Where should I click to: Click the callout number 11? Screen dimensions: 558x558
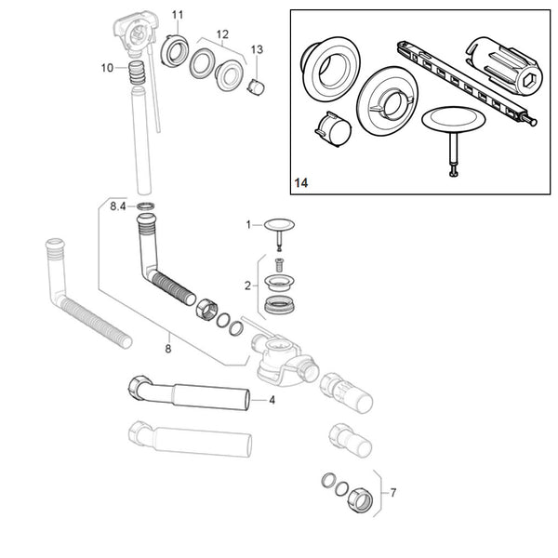coord(178,14)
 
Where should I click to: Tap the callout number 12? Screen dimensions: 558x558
coord(222,34)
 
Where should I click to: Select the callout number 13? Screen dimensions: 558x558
coord(258,49)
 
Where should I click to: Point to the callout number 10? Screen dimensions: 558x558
coord(108,67)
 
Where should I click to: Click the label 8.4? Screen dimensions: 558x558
coord(118,205)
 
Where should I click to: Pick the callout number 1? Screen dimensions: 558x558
coord(248,224)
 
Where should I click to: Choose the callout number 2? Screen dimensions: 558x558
coord(248,286)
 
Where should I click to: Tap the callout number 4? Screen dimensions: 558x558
coord(272,400)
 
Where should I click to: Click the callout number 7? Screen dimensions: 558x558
coord(393,492)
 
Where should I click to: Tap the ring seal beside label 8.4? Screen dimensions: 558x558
coord(145,205)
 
